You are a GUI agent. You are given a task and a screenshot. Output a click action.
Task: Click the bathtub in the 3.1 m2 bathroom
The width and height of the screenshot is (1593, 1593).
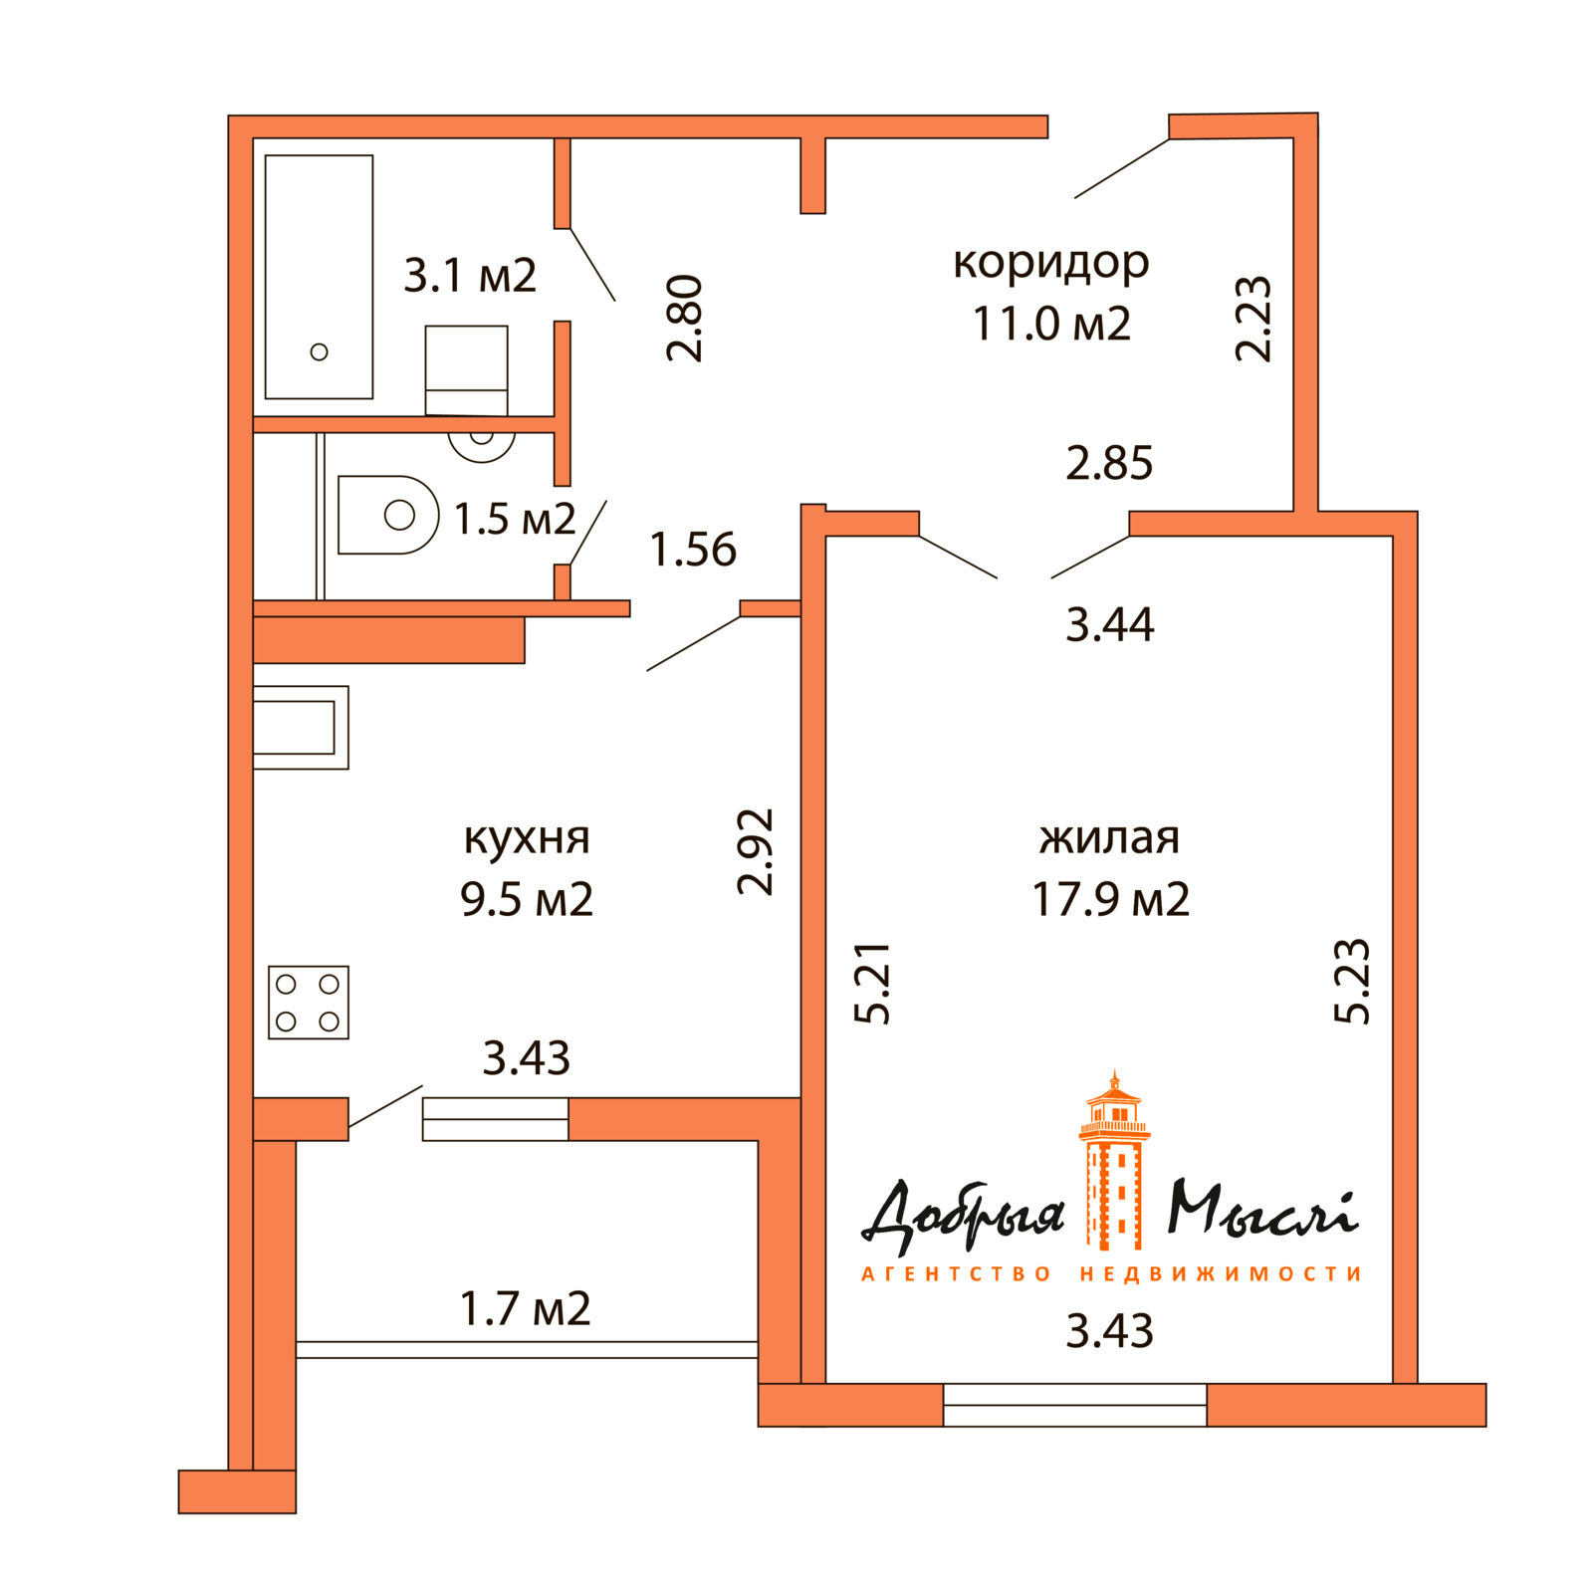[319, 276]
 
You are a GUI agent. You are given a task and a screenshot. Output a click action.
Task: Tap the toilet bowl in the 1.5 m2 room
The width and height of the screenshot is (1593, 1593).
[388, 515]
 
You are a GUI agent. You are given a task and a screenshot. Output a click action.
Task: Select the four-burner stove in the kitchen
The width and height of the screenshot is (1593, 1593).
[309, 1002]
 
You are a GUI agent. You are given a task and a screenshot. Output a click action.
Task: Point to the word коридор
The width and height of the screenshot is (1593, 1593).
[1050, 263]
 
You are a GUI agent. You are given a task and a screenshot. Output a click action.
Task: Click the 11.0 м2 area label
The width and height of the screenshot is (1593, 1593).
[1050, 324]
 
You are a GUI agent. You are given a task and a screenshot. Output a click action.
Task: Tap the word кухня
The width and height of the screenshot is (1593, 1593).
[527, 837]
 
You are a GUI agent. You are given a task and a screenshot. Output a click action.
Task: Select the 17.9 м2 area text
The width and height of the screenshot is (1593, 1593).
[1109, 899]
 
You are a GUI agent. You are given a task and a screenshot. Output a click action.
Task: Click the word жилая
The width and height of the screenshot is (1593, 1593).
[1109, 837]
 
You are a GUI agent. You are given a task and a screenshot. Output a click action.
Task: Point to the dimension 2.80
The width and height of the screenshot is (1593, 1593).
[685, 318]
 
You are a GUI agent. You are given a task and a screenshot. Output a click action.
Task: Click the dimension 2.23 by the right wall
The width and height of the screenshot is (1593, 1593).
[1252, 318]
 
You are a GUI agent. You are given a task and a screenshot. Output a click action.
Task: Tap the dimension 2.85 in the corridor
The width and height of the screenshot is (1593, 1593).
[1108, 463]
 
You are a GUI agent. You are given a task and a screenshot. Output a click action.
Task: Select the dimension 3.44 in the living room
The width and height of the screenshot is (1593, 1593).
[1109, 625]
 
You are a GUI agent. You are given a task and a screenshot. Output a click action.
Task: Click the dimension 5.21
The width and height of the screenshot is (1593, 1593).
[872, 983]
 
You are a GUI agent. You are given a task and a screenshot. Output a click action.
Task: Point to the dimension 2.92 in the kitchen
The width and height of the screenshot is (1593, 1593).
[755, 851]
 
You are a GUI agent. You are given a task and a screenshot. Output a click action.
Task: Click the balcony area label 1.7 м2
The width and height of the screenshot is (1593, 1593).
[525, 1308]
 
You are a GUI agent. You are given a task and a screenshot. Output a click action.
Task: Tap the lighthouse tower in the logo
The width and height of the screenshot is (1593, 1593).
[1114, 1170]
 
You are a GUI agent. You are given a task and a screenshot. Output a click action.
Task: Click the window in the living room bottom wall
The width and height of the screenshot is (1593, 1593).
[1074, 1404]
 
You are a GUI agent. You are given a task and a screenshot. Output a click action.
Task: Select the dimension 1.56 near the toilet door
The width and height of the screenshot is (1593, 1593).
[693, 550]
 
